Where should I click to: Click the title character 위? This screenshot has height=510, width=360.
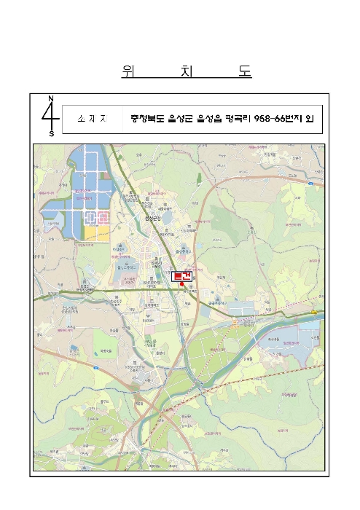(x=128, y=71)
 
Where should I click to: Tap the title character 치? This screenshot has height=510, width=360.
(x=186, y=71)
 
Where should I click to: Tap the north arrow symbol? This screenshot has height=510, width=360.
(x=50, y=115)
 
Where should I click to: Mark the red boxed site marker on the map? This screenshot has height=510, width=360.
(x=181, y=276)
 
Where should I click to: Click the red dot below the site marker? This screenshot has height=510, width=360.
(x=181, y=285)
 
